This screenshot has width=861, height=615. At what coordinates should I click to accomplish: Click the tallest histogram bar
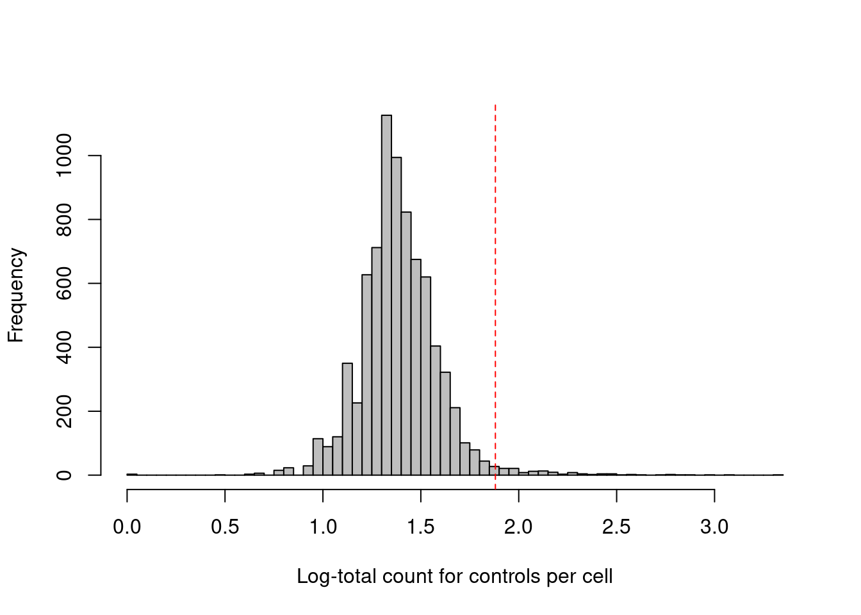click(x=386, y=295)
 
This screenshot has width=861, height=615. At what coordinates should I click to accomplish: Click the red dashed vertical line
click(x=495, y=288)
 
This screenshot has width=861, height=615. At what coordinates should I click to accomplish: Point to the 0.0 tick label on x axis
click(x=127, y=527)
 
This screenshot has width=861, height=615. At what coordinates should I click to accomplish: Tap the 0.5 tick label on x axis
click(x=225, y=527)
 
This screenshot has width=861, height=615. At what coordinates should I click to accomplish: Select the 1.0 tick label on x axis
click(x=323, y=527)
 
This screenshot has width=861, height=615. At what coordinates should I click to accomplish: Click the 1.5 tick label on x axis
click(x=421, y=527)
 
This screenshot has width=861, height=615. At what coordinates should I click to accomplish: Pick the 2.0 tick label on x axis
click(x=518, y=527)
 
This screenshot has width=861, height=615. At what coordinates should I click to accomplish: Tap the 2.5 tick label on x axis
click(x=616, y=527)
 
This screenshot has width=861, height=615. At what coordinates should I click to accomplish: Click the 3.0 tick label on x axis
click(x=714, y=527)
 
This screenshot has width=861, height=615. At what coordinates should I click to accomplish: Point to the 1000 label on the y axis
click(x=64, y=156)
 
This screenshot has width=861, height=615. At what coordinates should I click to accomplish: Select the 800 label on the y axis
click(x=64, y=219)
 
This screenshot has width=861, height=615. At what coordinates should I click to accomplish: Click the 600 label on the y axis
click(x=64, y=283)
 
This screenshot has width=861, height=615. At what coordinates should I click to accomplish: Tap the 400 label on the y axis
click(x=64, y=347)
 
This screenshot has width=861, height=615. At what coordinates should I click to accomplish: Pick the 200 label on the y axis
click(x=64, y=411)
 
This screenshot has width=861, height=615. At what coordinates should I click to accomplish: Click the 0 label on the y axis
click(x=64, y=475)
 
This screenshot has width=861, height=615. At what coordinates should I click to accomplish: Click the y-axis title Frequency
click(x=16, y=295)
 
